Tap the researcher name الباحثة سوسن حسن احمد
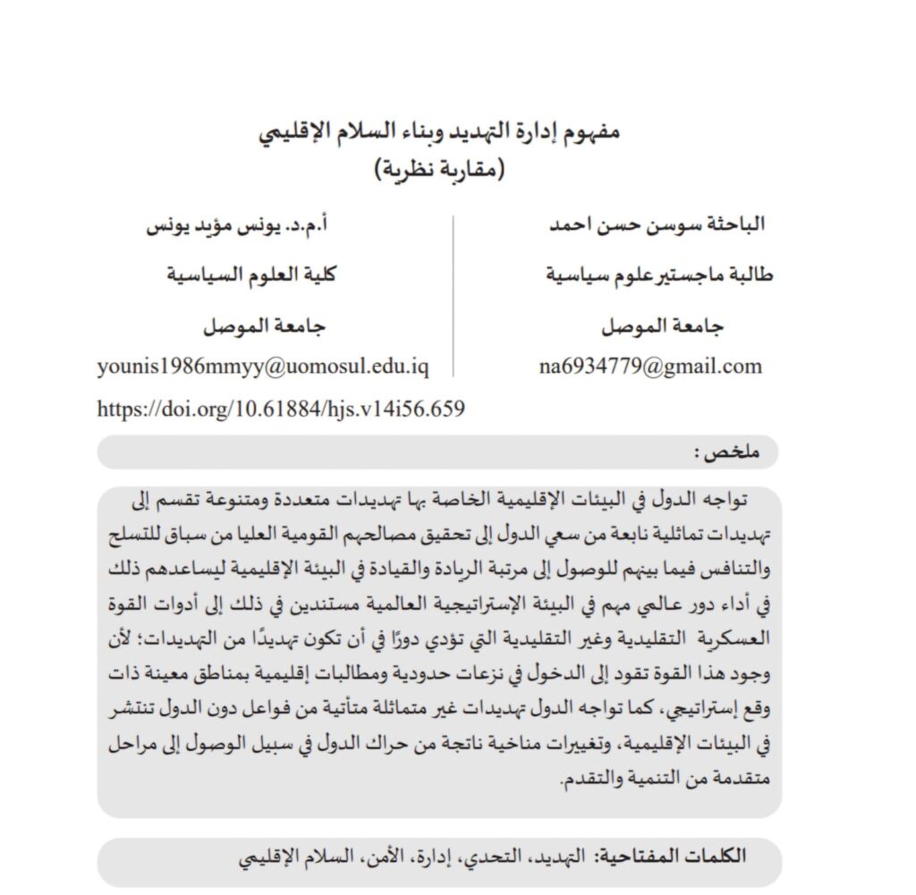657,224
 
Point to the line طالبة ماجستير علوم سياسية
659,274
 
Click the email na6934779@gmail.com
650,366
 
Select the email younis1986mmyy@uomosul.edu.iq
263,367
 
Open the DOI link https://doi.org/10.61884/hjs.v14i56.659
281,410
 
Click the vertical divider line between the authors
454,295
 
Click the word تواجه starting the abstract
739,498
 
